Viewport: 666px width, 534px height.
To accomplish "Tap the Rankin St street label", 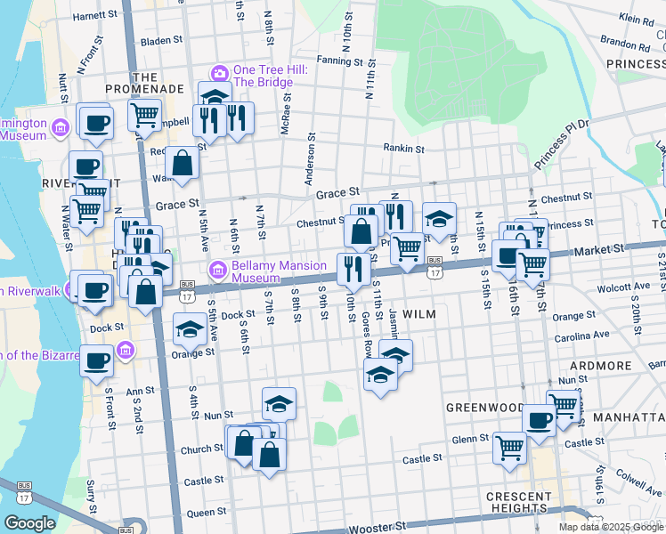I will [x=404, y=149].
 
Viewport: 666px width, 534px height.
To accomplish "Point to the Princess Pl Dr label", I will [x=562, y=145].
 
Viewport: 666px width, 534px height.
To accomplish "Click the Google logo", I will [x=29, y=523].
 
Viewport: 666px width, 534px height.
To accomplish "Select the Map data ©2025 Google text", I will [x=611, y=527].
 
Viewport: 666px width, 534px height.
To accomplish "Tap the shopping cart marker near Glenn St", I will [x=509, y=447].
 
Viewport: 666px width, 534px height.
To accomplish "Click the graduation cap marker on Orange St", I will [x=189, y=330].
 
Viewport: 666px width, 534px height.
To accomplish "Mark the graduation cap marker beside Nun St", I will [x=279, y=403].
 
